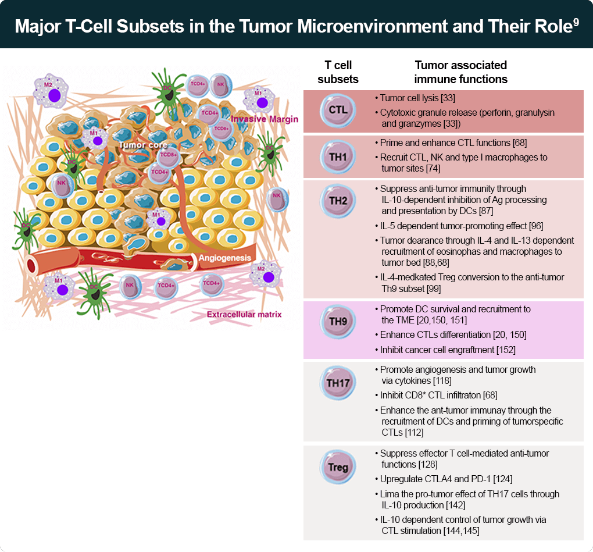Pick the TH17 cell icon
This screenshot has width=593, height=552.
[338, 383]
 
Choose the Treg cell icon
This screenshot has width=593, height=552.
[338, 467]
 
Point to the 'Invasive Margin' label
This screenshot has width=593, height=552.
[265, 119]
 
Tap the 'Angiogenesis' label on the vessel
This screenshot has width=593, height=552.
[225, 257]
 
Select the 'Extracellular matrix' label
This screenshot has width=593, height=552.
[244, 315]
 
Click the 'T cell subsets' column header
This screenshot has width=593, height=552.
[338, 72]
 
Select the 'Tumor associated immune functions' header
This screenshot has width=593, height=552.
[461, 72]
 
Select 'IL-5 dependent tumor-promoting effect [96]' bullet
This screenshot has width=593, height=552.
[461, 226]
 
